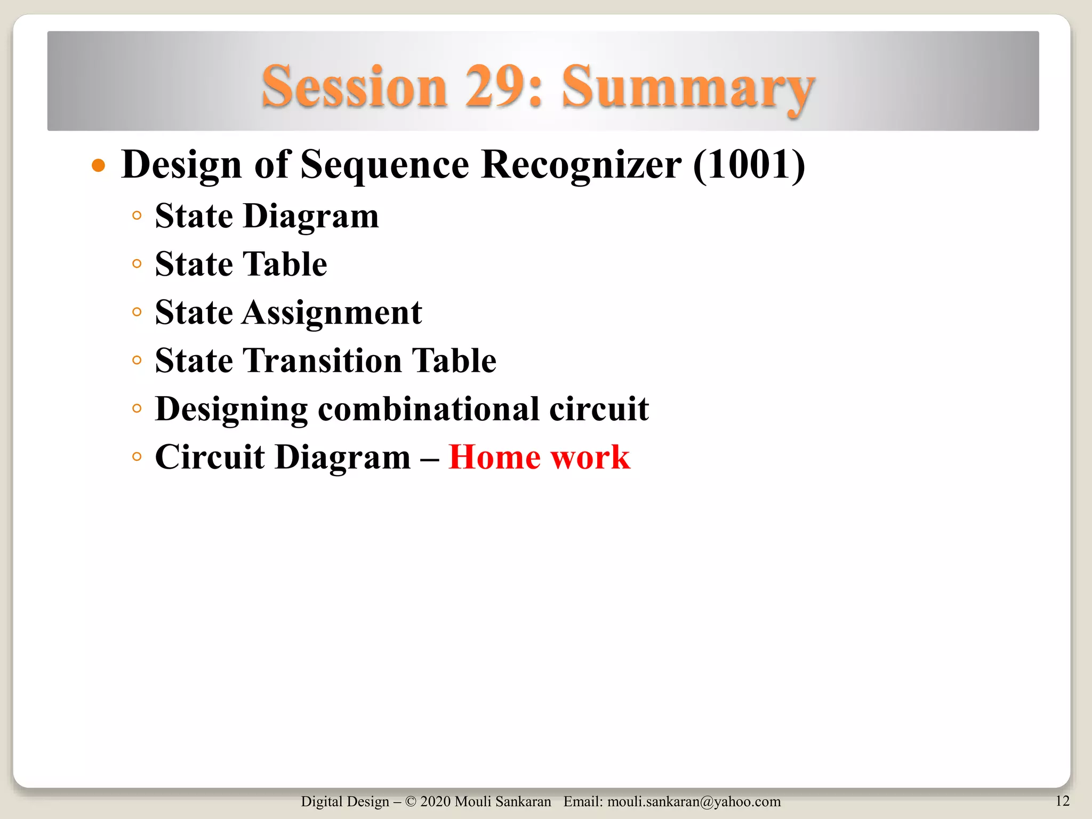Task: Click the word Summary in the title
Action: [x=688, y=86]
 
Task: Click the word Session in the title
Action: [x=354, y=86]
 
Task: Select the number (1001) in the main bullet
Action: [x=749, y=164]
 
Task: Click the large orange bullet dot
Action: [x=99, y=165]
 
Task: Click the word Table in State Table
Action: [x=285, y=264]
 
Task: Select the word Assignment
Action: [x=332, y=313]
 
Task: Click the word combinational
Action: [x=428, y=409]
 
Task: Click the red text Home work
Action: [x=539, y=457]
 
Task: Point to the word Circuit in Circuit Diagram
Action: [x=210, y=457]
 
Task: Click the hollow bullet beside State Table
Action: [x=137, y=263]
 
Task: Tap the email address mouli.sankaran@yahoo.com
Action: [x=694, y=801]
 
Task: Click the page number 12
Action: [x=1062, y=800]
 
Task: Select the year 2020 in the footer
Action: [x=435, y=801]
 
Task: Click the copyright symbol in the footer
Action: [x=411, y=801]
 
